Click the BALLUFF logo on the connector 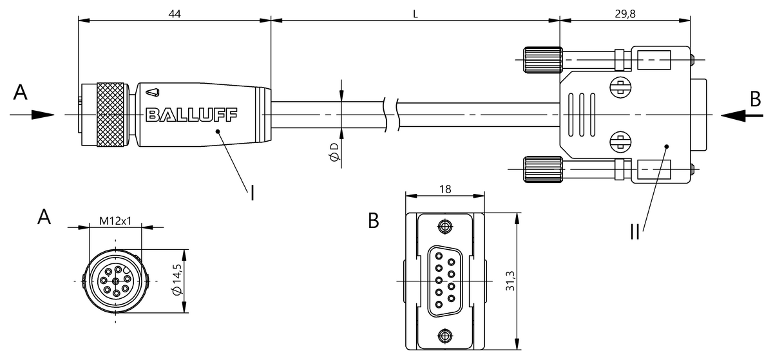[191, 115]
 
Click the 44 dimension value [175, 14]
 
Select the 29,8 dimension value [625, 14]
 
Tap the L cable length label [415, 14]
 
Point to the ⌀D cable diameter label [334, 152]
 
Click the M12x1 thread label [115, 221]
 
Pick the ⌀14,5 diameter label [177, 279]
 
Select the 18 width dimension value [445, 189]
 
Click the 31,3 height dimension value [510, 281]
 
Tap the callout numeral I [253, 193]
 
